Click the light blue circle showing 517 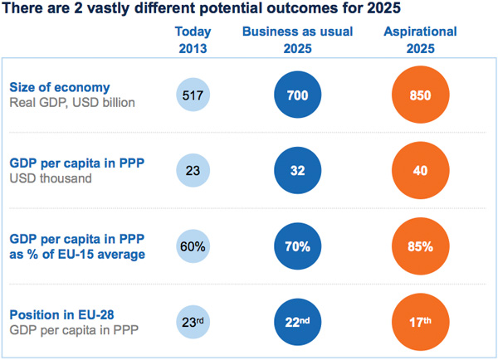(194, 96)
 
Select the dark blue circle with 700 (296, 96)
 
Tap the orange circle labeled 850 (420, 96)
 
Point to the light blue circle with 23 (194, 171)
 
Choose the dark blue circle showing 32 (296, 171)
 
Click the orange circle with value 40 (420, 171)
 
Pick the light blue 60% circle (194, 246)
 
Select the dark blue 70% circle (296, 246)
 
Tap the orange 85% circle (420, 246)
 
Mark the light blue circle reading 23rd (194, 322)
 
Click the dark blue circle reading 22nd (296, 322)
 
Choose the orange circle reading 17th (420, 322)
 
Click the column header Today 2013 (194, 40)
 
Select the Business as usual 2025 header (297, 40)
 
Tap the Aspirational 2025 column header (420, 40)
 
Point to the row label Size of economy (59, 87)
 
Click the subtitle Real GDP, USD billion (73, 104)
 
